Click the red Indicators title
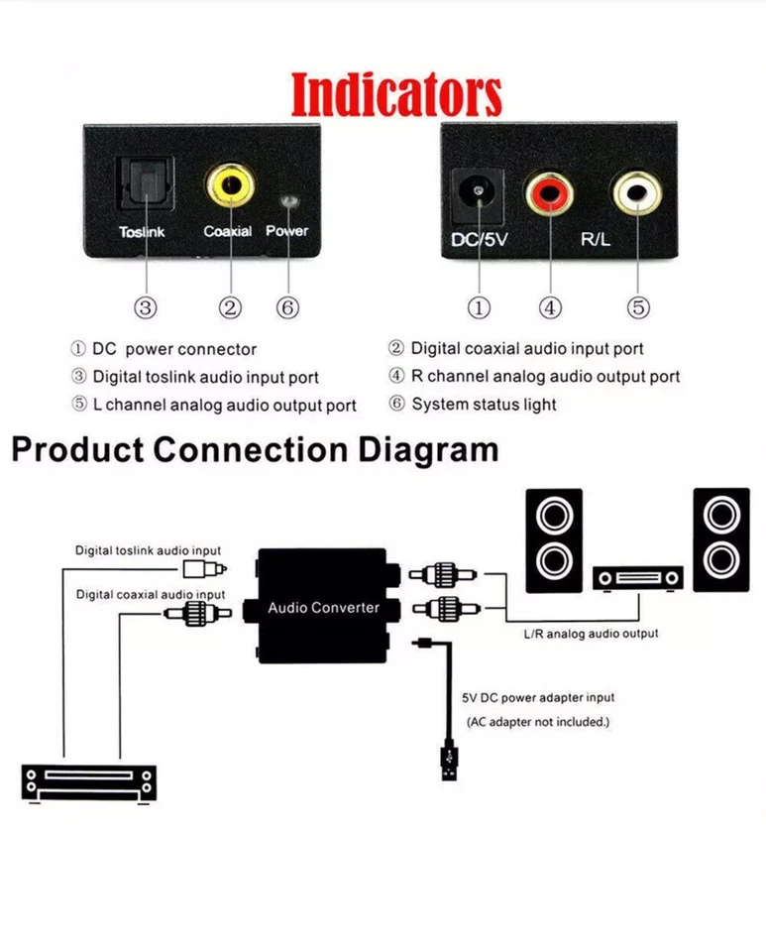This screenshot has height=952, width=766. click(x=396, y=94)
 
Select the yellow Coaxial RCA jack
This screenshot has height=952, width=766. click(x=230, y=184)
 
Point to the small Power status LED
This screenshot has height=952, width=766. click(x=288, y=201)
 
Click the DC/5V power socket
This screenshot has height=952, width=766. click(x=479, y=192)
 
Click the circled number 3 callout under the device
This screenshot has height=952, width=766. click(x=147, y=307)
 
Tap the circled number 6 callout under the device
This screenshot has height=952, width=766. click(x=288, y=307)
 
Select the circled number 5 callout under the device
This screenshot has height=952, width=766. click(x=638, y=307)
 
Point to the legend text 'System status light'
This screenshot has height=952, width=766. click(x=484, y=405)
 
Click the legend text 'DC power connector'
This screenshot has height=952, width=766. click(x=173, y=349)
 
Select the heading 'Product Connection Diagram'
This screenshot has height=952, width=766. click(x=255, y=450)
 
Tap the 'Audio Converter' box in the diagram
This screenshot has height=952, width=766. click(x=323, y=606)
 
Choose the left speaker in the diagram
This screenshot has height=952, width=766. click(x=553, y=540)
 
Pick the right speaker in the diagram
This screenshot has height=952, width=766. click(x=720, y=540)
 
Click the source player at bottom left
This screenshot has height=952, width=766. click(x=90, y=780)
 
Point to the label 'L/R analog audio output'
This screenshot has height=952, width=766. click(x=590, y=633)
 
